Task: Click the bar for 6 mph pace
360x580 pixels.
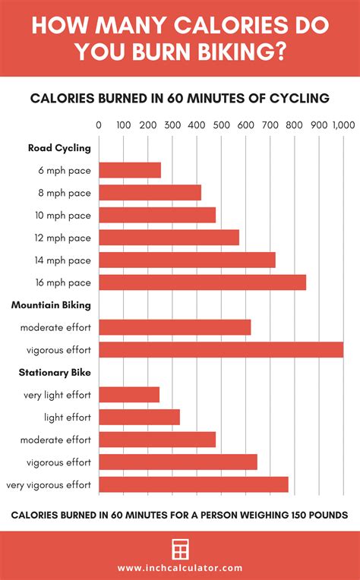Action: (x=130, y=170)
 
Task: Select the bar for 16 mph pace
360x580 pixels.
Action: (x=202, y=282)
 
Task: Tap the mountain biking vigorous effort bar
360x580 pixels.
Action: (x=221, y=350)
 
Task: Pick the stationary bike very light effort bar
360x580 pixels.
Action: (x=129, y=395)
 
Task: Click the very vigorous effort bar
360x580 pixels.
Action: (x=194, y=484)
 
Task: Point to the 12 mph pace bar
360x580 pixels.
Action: (x=169, y=238)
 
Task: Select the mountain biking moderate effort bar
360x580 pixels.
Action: (x=175, y=327)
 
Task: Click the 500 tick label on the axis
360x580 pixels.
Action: (x=221, y=125)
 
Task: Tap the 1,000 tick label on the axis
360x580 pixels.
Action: (x=343, y=125)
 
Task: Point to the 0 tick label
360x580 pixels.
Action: (x=99, y=125)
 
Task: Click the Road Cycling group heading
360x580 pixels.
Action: (x=59, y=148)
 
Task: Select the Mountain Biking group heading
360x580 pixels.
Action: (x=51, y=305)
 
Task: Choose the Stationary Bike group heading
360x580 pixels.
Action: (x=55, y=373)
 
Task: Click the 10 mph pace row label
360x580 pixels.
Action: (x=65, y=216)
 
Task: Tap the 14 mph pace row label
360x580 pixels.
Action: (x=65, y=260)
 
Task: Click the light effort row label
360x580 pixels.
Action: (x=67, y=418)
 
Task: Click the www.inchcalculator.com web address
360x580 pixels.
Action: (x=180, y=568)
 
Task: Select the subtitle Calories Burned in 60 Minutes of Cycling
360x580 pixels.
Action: (x=179, y=97)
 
